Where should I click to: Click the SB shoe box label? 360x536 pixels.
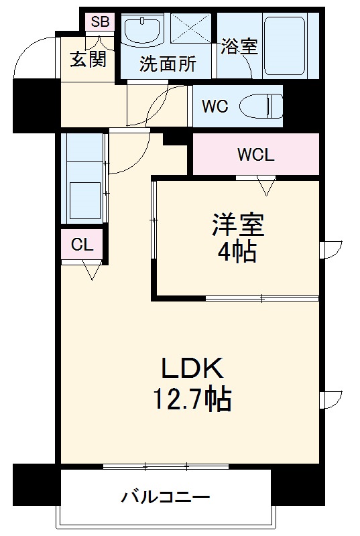pyautogui.click(x=100, y=21)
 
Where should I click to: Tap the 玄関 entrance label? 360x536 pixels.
pyautogui.click(x=88, y=60)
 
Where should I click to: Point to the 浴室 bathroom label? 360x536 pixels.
pyautogui.click(x=239, y=46)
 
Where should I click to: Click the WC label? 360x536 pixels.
pyautogui.click(x=215, y=106)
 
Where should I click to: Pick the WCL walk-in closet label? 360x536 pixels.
pyautogui.click(x=255, y=155)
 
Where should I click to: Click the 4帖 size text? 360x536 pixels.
pyautogui.click(x=237, y=252)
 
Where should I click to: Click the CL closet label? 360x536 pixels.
pyautogui.click(x=82, y=245)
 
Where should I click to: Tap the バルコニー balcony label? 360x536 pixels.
pyautogui.click(x=166, y=498)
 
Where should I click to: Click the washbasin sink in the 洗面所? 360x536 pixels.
pyautogui.click(x=141, y=31)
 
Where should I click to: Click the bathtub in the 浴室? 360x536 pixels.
pyautogui.click(x=284, y=46)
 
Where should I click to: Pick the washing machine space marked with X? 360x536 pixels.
pyautogui.click(x=190, y=30)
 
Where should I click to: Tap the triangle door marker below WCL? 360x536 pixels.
pyautogui.click(x=267, y=185)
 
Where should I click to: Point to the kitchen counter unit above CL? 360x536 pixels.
pyautogui.click(x=83, y=177)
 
